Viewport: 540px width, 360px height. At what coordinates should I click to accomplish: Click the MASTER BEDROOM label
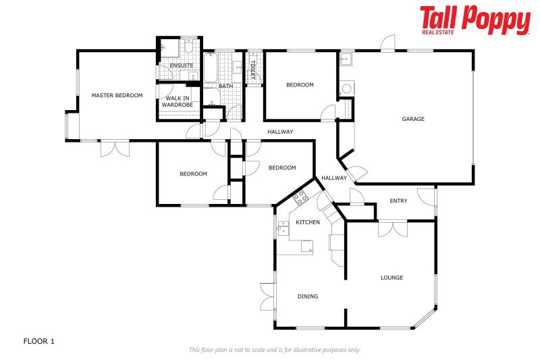pyautogui.click(x=117, y=95)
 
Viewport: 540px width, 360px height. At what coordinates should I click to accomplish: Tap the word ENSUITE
pyautogui.click(x=181, y=66)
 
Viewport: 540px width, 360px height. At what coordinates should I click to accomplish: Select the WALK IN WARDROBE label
pyautogui.click(x=178, y=102)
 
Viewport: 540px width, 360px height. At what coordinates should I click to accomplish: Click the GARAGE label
pyautogui.click(x=413, y=119)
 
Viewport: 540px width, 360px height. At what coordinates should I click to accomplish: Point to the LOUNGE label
pyautogui.click(x=391, y=278)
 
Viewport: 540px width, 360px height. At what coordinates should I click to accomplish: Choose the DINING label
pyautogui.click(x=308, y=297)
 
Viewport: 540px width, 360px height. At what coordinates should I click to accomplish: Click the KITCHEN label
pyautogui.click(x=308, y=222)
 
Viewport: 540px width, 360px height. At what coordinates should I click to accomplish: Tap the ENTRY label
pyautogui.click(x=398, y=201)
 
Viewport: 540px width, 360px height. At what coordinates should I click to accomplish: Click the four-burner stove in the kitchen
pyautogui.click(x=300, y=198)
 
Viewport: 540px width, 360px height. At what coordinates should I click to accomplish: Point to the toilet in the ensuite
pyautogui.click(x=188, y=49)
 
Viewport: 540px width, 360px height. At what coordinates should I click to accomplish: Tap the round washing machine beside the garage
pyautogui.click(x=346, y=88)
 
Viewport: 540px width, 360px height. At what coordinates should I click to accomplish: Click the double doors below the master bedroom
pyautogui.click(x=114, y=148)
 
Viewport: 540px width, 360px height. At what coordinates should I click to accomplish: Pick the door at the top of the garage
pyautogui.click(x=388, y=43)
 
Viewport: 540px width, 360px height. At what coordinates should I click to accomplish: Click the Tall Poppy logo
pyautogui.click(x=475, y=20)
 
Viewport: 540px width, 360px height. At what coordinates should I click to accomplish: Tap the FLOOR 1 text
pyautogui.click(x=38, y=341)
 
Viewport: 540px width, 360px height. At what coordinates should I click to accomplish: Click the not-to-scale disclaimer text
pyautogui.click(x=274, y=350)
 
